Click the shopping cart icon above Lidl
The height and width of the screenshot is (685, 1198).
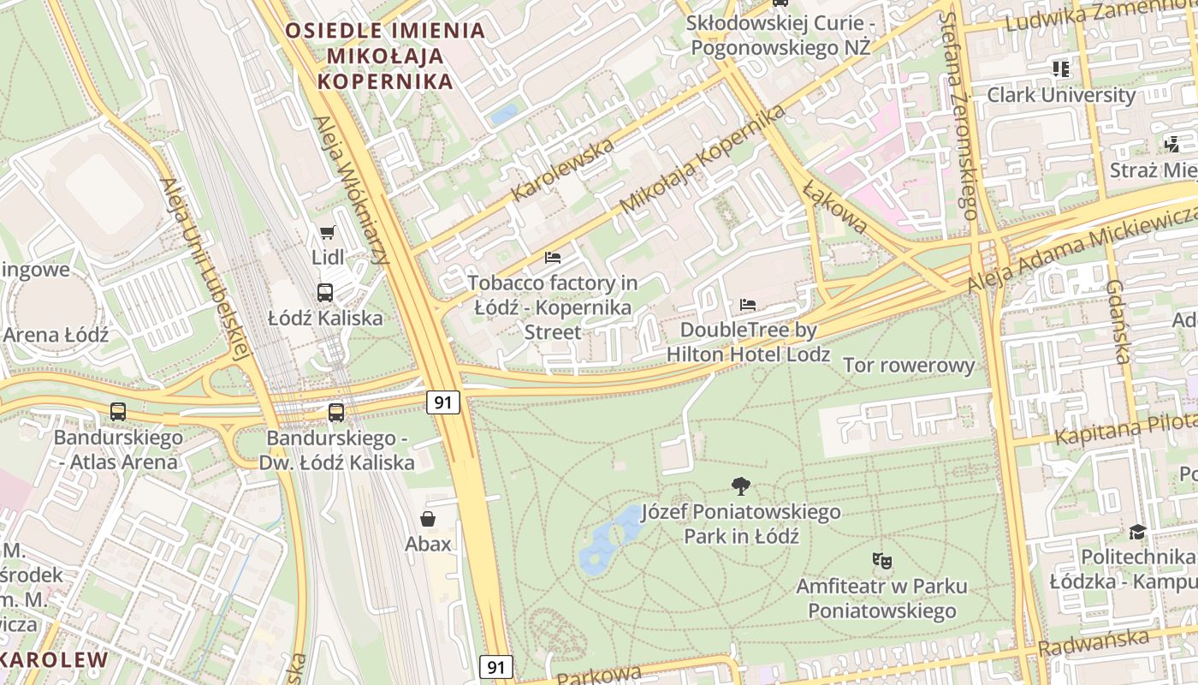326,233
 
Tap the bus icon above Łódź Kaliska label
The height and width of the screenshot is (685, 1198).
325,293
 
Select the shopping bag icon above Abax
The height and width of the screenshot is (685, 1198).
428,519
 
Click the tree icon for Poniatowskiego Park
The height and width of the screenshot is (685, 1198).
741,486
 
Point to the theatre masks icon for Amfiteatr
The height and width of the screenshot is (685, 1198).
882,561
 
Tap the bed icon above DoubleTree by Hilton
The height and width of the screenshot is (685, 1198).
748,305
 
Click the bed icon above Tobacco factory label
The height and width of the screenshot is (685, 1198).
553,257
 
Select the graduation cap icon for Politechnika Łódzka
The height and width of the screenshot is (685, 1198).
1137,533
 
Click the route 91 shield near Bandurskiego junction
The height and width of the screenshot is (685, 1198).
442,402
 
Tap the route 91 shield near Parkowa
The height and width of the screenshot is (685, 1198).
496,667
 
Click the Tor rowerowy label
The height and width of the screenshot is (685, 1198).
909,366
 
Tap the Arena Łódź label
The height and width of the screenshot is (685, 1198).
56,335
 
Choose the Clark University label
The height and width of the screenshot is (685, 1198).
1061,95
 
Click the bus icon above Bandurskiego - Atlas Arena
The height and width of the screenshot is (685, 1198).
118,412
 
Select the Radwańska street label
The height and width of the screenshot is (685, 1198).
1098,642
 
